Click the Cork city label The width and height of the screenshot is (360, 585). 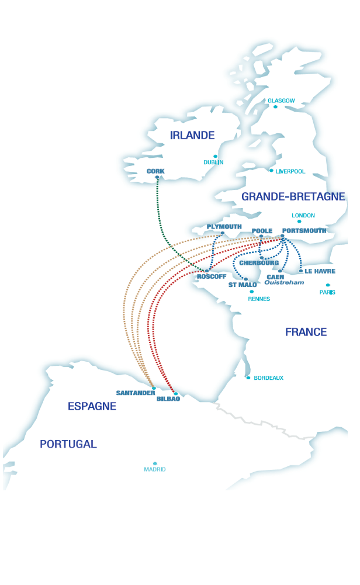coord(156,171)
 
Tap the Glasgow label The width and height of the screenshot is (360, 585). coord(281,101)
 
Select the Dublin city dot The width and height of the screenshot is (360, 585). coord(215,156)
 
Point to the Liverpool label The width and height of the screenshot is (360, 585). coord(290,172)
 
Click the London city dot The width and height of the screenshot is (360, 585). coord(299,221)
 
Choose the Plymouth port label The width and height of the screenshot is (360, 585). coord(224,227)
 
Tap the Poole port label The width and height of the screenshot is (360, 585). coord(262,231)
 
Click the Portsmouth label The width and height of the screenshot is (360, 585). coord(304,231)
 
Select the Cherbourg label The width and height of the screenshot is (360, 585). coord(259,263)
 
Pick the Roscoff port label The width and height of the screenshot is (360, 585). coord(212,276)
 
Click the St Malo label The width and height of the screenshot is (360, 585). coord(243,285)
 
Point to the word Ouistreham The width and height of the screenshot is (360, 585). coord(285,282)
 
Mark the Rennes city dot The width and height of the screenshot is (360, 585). coord(252,292)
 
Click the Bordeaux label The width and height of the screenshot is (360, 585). coord(269,378)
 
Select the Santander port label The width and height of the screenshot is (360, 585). coord(136,393)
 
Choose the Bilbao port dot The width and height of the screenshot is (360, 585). coord(176,394)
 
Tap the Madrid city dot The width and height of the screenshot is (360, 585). coord(155,463)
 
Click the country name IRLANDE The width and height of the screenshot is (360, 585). coord(192,135)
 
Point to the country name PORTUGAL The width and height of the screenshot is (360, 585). coord(68,444)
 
